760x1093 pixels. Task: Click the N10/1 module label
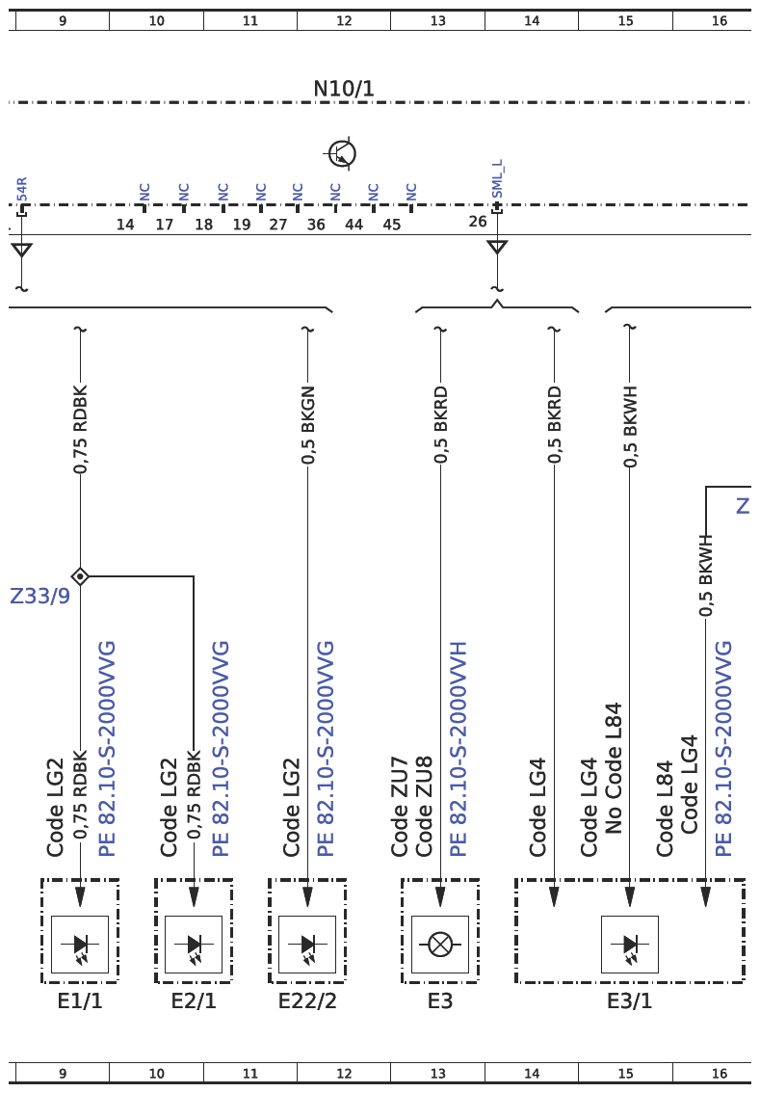(344, 89)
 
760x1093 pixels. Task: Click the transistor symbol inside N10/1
(341, 153)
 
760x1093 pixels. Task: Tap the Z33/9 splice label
(39, 596)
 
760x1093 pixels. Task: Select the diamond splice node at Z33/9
(80, 576)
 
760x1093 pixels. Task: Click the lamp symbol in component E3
(440, 945)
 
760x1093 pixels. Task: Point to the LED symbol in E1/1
(80, 946)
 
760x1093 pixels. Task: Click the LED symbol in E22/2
(307, 946)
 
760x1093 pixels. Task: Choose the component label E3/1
(630, 1001)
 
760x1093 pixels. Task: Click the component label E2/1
(194, 1001)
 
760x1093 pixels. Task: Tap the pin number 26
(478, 222)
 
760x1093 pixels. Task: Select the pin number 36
(316, 225)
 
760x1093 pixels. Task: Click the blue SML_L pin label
(497, 179)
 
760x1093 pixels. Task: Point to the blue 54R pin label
(22, 190)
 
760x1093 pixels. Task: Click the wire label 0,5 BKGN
(308, 424)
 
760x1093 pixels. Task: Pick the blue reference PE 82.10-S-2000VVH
(458, 749)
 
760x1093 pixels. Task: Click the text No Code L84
(613, 768)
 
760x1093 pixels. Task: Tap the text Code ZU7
(399, 807)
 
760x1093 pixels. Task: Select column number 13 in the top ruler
(437, 21)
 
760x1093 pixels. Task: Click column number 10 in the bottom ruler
(157, 1074)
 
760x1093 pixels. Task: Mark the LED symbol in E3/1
(630, 946)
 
